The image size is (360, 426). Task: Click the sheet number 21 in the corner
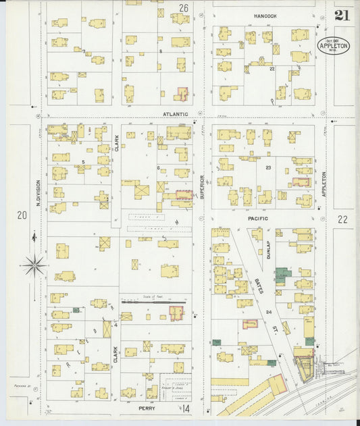[x=342, y=16]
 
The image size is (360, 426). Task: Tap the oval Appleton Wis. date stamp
[x=334, y=46]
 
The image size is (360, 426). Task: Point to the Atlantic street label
[x=174, y=114]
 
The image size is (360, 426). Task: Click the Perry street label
[x=147, y=408]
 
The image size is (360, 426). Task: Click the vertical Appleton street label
[x=324, y=184]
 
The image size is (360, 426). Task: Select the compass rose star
[x=33, y=265]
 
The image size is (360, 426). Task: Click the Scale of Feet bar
[x=146, y=302]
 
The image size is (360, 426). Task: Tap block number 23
[x=267, y=167]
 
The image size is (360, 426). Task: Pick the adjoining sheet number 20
[x=22, y=215]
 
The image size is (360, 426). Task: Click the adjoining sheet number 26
[x=183, y=8]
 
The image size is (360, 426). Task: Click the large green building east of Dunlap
[x=282, y=275]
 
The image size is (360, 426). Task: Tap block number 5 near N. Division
[x=83, y=162]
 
